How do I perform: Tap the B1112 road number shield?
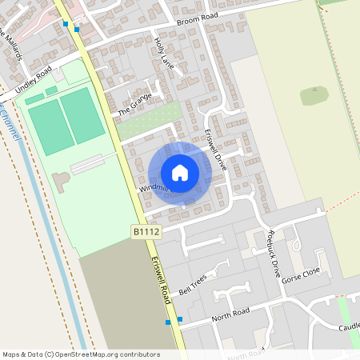click(146, 231)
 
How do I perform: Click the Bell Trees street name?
click(193, 285)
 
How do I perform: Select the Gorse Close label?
click(301, 277)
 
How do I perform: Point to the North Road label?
click(231, 313)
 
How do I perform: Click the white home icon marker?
click(180, 172)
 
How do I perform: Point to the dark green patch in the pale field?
click(314, 95)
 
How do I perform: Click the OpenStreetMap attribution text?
click(81, 354)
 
